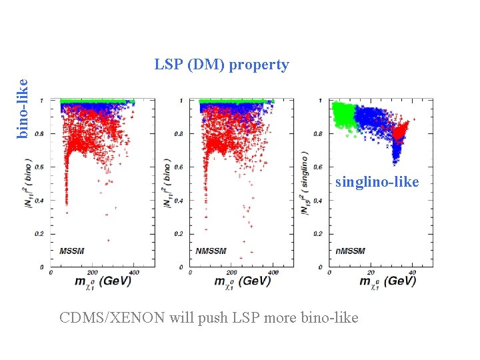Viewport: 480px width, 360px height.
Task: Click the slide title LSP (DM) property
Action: [x=221, y=65]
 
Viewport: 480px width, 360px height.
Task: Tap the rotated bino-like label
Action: [x=22, y=109]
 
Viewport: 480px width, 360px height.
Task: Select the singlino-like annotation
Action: [x=377, y=181]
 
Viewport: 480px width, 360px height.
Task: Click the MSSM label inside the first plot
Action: [x=71, y=251]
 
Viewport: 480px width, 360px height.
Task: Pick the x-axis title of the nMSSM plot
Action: [x=387, y=281]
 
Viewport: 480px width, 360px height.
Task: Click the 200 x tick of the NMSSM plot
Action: [x=231, y=273]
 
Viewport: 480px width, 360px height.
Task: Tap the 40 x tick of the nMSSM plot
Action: [x=412, y=273]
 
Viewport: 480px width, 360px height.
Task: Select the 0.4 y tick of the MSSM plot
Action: [x=45, y=201]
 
